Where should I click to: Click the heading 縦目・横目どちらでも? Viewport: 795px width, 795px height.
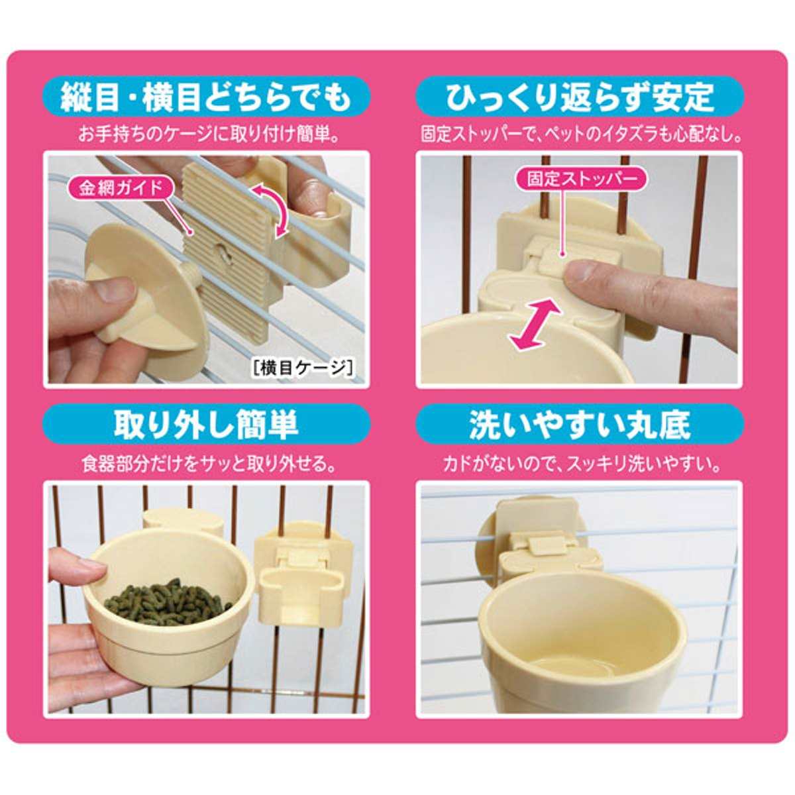(x=205, y=97)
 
